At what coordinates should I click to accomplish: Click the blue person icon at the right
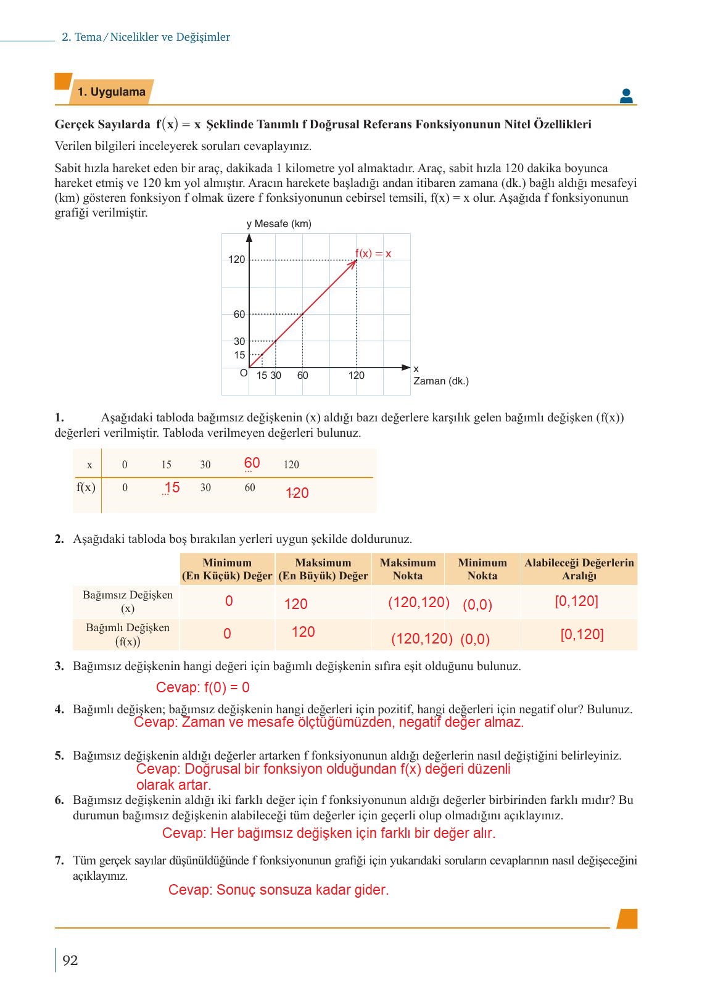coord(626,96)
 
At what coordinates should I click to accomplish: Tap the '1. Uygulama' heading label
coord(112,92)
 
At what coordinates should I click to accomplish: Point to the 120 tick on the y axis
coord(237,259)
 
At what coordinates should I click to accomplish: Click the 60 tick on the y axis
coord(239,314)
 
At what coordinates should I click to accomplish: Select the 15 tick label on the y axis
coord(239,355)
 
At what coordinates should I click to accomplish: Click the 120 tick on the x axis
coord(356,375)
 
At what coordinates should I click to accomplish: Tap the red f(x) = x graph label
coord(373,254)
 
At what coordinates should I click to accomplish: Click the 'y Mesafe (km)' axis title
coord(279,223)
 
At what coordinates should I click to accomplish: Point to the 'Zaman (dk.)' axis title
coord(441,381)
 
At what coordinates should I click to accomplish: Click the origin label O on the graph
coord(243,373)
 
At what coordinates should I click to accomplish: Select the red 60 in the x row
coord(252,463)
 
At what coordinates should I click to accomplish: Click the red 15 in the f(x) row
coord(171,487)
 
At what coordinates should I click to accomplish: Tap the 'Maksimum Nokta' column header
coord(408,569)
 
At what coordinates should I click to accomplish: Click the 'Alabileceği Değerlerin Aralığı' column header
coord(579,569)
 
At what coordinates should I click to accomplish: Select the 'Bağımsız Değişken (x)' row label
coord(128,602)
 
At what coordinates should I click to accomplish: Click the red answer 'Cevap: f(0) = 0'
coord(202,687)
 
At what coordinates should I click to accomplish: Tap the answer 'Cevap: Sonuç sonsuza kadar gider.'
coord(278,890)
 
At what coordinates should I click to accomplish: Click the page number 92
coord(70,960)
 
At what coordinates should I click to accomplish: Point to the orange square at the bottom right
coord(627,918)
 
